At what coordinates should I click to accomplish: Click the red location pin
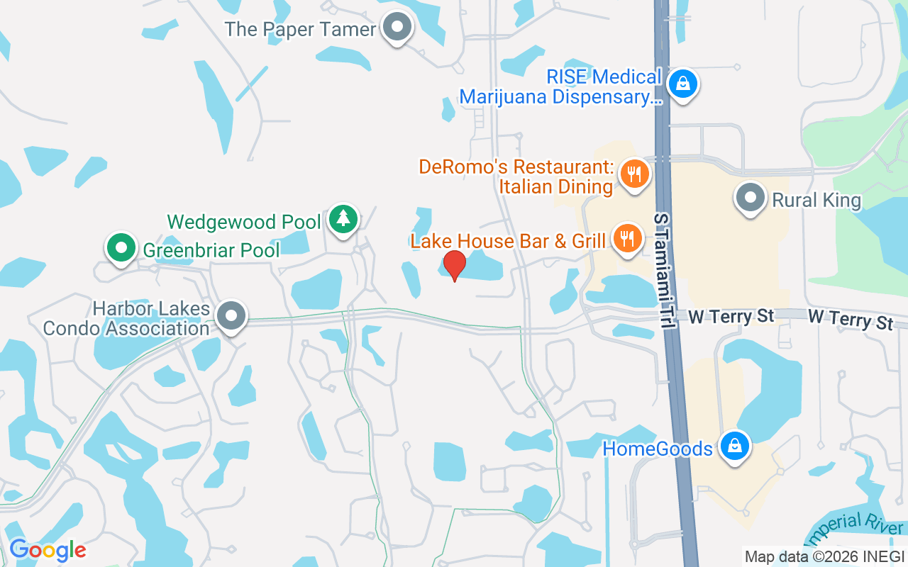454,264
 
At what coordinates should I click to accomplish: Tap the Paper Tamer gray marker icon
398,28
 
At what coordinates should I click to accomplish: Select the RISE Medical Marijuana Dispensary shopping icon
682,84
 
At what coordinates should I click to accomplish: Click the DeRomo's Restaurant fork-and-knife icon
634,174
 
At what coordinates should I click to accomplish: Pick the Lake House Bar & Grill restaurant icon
626,238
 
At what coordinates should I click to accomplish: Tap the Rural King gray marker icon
751,198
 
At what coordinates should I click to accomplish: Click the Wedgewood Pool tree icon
343,219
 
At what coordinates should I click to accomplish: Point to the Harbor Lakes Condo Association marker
231,315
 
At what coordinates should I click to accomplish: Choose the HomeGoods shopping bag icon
734,447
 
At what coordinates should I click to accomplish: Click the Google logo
48,550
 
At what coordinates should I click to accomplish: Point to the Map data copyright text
824,556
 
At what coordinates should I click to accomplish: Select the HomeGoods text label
657,449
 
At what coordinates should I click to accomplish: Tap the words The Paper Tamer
300,29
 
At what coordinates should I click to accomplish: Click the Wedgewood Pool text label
244,222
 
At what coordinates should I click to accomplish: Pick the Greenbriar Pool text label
211,249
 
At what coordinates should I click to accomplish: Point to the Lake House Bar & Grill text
508,241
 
